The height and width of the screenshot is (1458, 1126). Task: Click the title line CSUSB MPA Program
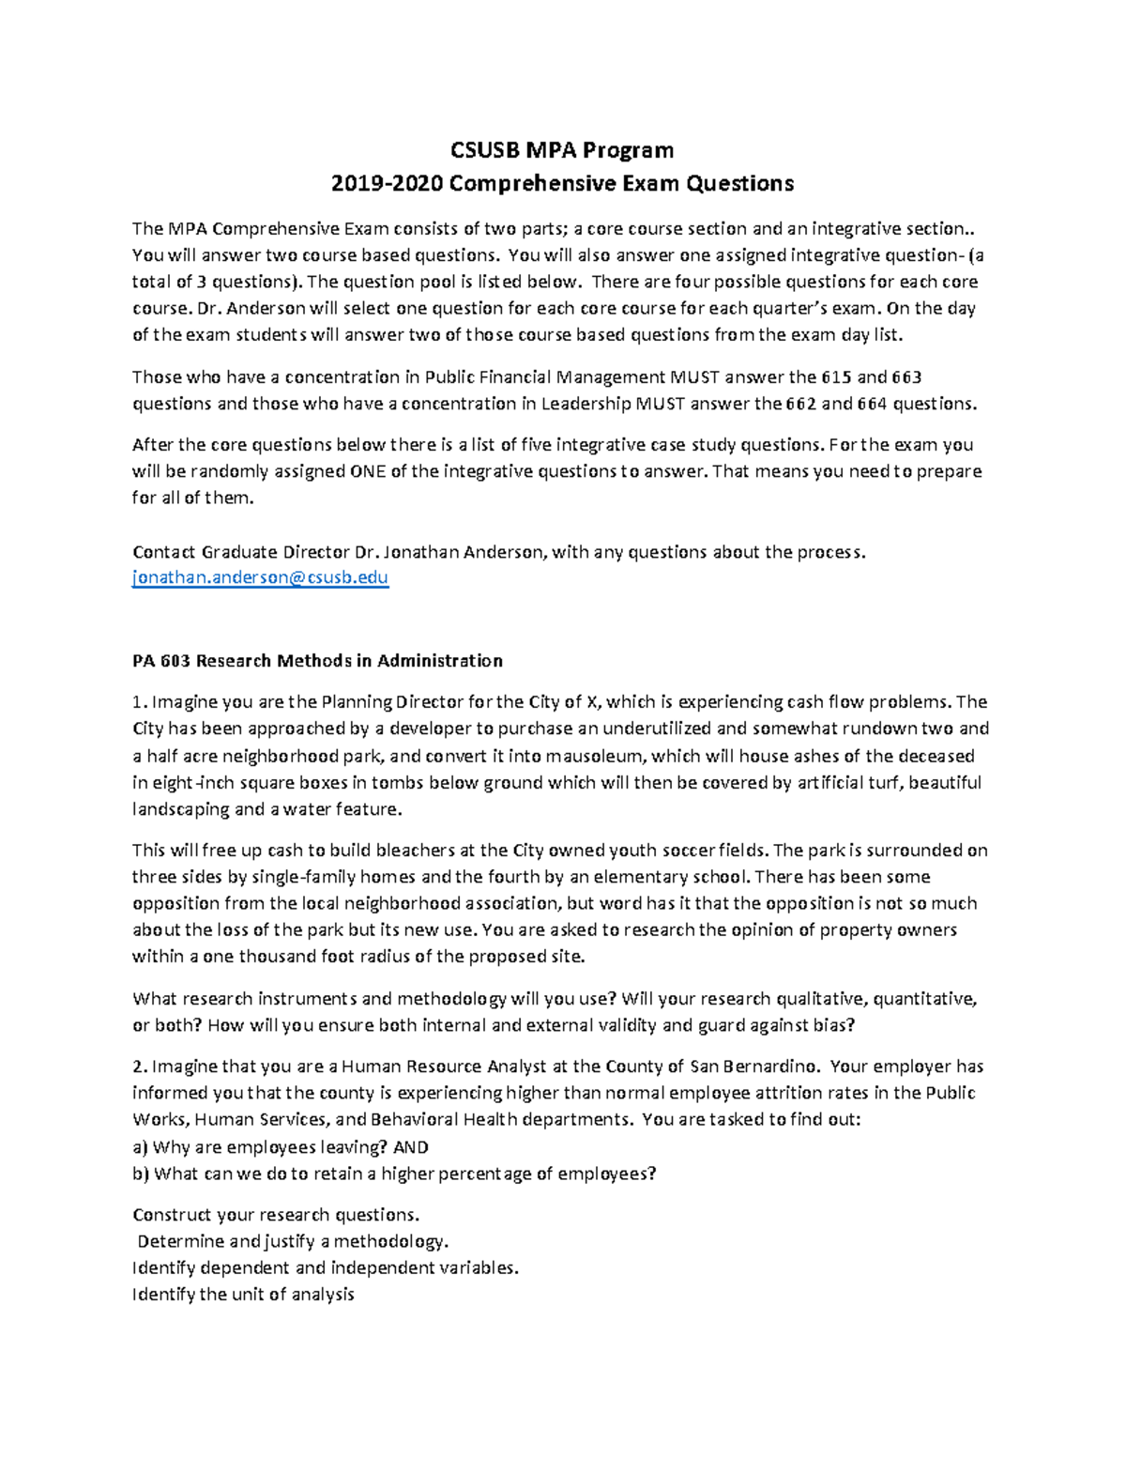point(562,150)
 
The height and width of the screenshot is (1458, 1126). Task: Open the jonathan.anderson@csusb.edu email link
point(260,577)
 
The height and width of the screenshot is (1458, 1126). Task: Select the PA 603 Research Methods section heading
point(317,661)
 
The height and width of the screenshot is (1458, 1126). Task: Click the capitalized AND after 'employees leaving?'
point(411,1147)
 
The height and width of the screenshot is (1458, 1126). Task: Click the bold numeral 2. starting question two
point(140,1067)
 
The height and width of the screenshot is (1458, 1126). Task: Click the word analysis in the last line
point(322,1295)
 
